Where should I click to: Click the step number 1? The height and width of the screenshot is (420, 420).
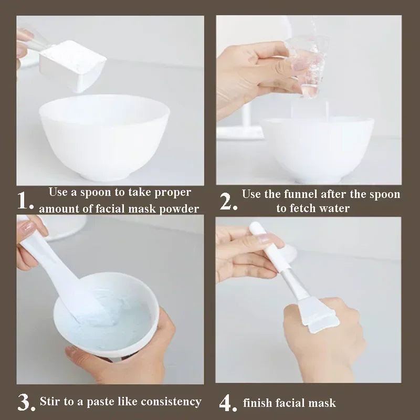(x=26, y=202)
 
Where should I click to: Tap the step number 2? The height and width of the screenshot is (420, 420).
(x=228, y=202)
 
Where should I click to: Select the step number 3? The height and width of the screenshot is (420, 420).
(x=26, y=403)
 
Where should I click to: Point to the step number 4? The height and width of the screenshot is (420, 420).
(x=227, y=403)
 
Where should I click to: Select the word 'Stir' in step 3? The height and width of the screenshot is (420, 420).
(x=51, y=402)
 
